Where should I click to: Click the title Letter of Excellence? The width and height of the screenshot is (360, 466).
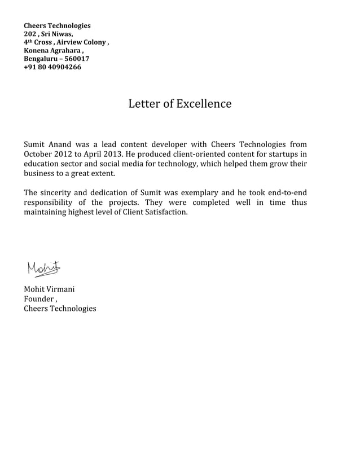(x=179, y=104)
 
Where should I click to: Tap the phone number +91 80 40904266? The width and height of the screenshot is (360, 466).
(x=52, y=67)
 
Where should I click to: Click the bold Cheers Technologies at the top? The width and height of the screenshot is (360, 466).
(x=56, y=26)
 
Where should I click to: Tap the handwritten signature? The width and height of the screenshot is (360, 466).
(x=42, y=269)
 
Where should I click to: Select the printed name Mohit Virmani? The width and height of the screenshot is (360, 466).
(x=49, y=289)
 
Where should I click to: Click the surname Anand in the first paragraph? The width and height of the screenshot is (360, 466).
(x=61, y=144)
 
